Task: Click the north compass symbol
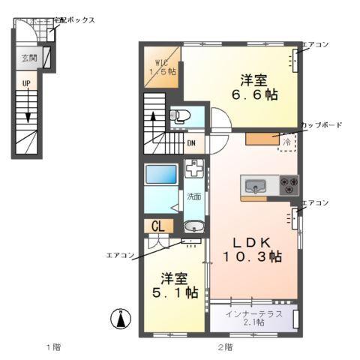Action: pyautogui.click(x=118, y=319)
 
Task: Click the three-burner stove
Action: pyautogui.click(x=289, y=184)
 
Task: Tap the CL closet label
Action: pyautogui.click(x=160, y=226)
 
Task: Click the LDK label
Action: pyautogui.click(x=251, y=241)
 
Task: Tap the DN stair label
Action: pyautogui.click(x=191, y=143)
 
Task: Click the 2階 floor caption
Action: pyautogui.click(x=225, y=346)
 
